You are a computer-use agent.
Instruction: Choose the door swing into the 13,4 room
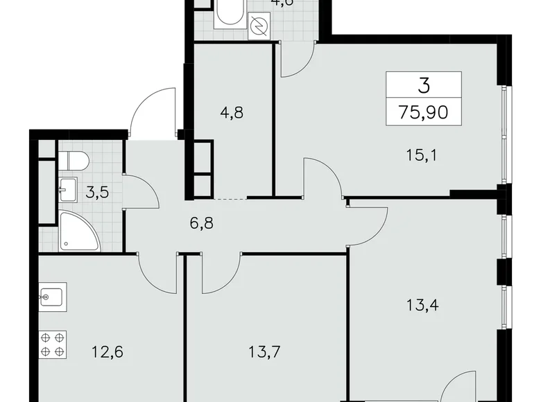[368, 220]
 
